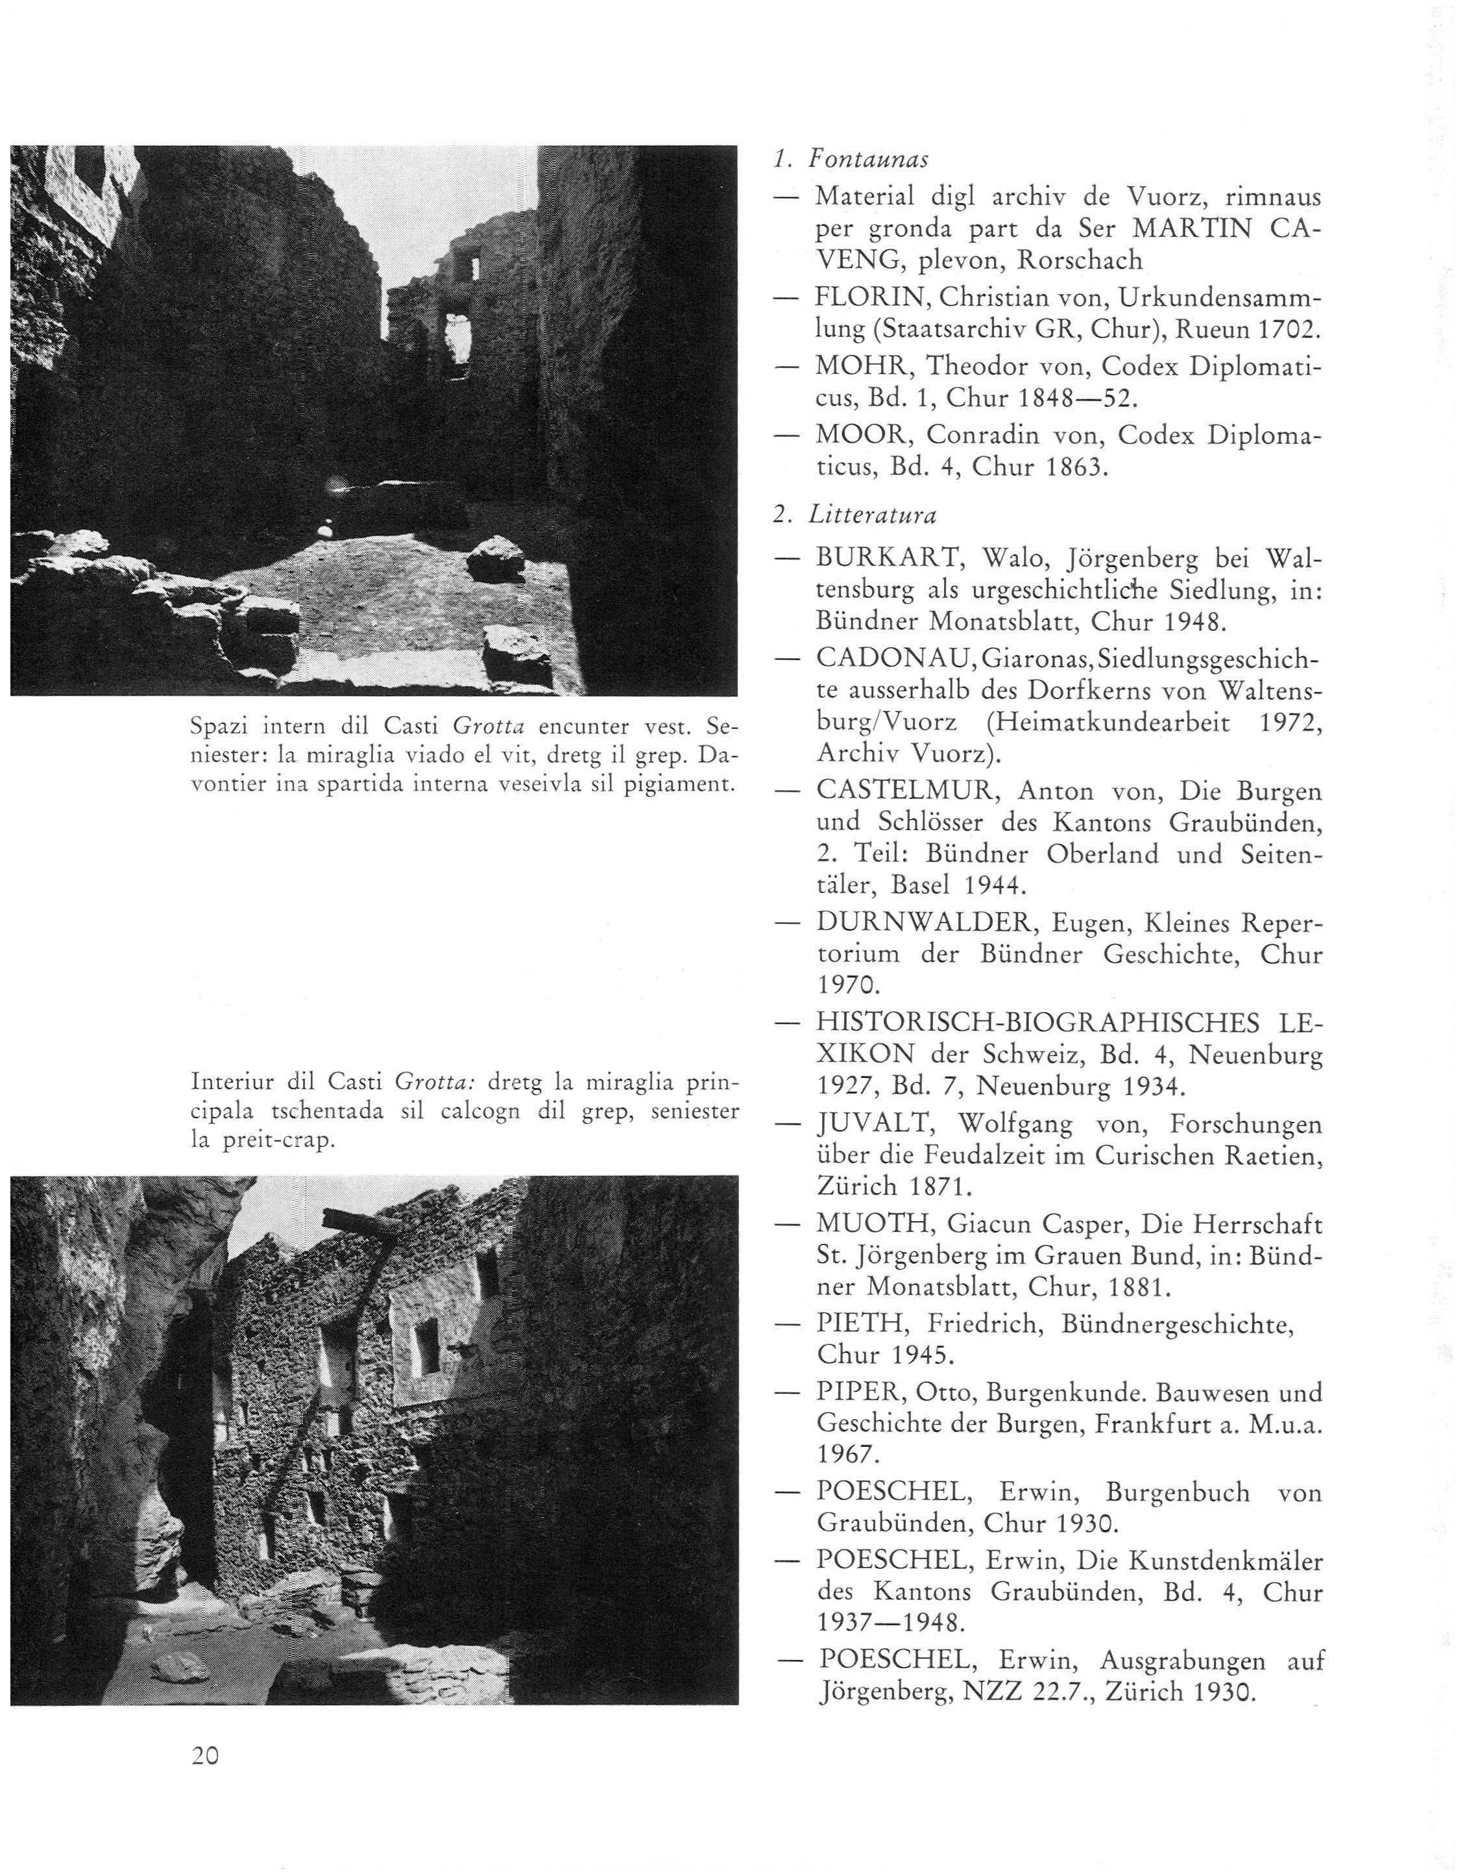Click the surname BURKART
[887, 559]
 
